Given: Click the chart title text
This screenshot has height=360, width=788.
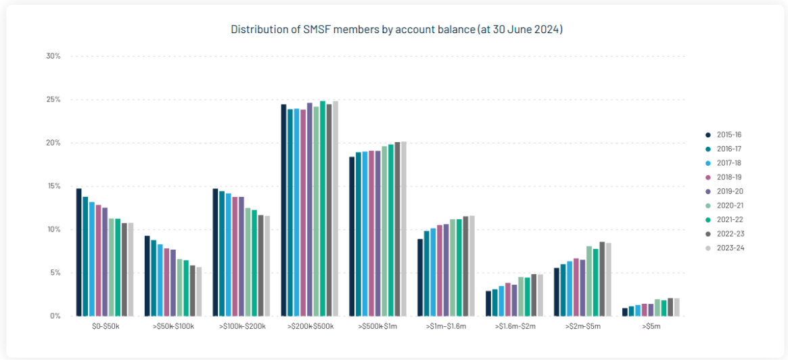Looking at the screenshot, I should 396,30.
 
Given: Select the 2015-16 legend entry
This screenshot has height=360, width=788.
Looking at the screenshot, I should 728,135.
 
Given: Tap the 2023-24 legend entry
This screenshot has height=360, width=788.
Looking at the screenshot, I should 728,248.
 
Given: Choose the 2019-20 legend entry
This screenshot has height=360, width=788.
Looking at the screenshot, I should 728,192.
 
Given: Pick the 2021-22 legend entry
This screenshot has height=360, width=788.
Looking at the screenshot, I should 728,219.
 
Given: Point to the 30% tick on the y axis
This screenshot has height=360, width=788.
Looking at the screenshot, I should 53,56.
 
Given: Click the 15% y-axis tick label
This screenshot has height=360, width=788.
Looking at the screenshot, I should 53,186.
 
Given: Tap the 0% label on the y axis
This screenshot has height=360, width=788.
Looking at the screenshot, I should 55,316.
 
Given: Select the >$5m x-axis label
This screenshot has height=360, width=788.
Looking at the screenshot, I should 651,327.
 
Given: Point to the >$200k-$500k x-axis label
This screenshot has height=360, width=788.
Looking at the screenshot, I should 310,327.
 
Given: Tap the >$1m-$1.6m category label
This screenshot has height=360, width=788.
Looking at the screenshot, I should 446,327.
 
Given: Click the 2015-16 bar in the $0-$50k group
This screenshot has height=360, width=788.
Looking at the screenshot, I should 79,252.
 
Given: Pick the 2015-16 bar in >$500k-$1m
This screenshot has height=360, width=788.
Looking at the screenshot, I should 352,236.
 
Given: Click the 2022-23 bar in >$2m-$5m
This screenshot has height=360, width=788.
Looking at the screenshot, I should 602,279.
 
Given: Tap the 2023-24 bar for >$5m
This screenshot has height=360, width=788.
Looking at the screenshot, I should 676,307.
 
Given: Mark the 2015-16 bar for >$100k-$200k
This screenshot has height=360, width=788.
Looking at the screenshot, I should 215,252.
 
